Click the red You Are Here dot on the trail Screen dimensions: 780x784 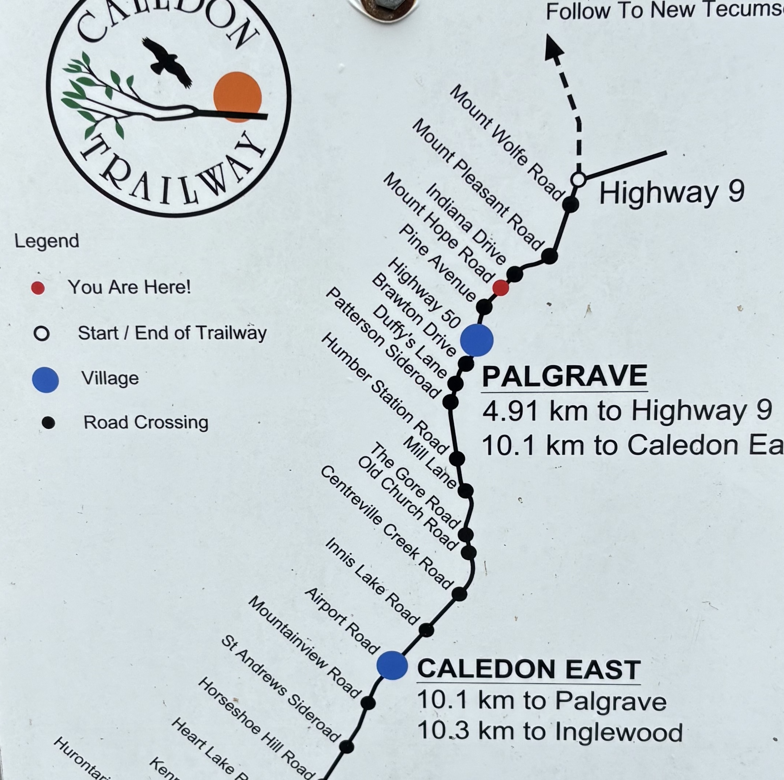[x=500, y=288]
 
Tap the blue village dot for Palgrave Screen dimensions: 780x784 [x=477, y=340]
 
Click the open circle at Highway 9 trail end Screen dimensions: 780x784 [x=578, y=179]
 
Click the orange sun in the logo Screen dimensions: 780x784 [x=238, y=97]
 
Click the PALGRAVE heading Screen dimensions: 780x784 [x=564, y=376]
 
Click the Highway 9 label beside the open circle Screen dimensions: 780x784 [x=672, y=193]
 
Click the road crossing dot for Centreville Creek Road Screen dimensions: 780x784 [x=459, y=594]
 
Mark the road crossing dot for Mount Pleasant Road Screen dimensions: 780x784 [x=549, y=256]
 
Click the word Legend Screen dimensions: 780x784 [x=47, y=241]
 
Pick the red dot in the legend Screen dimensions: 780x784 [x=38, y=288]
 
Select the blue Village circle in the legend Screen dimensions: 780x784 [x=45, y=380]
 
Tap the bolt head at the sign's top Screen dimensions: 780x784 [x=384, y=5]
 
